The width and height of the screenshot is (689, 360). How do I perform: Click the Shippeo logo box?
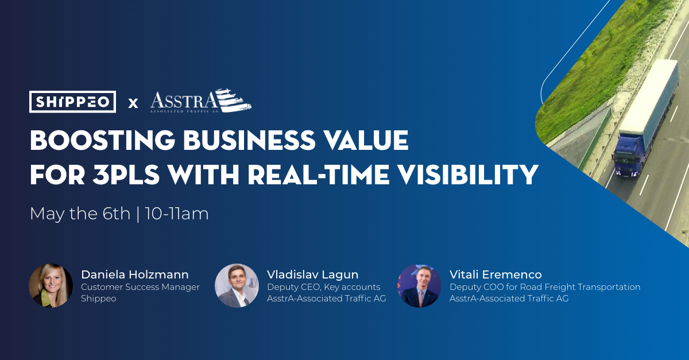click(73, 102)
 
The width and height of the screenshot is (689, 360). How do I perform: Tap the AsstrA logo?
click(200, 102)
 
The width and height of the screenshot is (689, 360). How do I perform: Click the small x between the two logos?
click(133, 103)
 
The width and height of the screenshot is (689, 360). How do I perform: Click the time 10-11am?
click(177, 214)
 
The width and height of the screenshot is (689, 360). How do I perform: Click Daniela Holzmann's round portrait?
click(51, 285)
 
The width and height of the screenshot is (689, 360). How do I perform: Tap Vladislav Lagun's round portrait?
click(237, 285)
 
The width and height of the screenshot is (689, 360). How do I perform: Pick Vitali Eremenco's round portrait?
click(419, 286)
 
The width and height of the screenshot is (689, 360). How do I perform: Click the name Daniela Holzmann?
click(135, 274)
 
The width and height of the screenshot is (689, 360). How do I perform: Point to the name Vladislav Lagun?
click(312, 274)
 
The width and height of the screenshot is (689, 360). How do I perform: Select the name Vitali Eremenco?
click(496, 274)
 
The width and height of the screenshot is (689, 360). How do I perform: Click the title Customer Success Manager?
click(141, 287)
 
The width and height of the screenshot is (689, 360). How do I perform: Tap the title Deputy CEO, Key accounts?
click(324, 287)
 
